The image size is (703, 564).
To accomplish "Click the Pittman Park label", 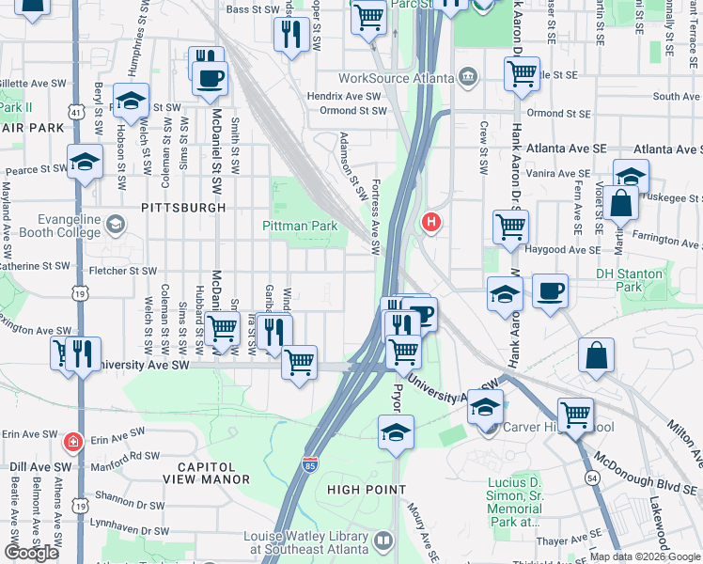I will [299, 227].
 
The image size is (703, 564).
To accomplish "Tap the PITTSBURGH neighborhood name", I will [183, 207].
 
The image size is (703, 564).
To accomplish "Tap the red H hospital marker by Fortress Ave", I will [430, 222].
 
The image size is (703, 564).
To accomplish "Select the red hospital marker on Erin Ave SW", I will [72, 441].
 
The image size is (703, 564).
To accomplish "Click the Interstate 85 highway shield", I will [311, 463].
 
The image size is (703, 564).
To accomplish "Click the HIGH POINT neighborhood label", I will [367, 490].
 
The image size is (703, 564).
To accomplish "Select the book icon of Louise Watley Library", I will [383, 540].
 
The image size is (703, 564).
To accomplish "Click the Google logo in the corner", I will [31, 553].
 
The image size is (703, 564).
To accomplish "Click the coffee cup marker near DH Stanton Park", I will [551, 290].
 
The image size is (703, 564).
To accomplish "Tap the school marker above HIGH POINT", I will [396, 432].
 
